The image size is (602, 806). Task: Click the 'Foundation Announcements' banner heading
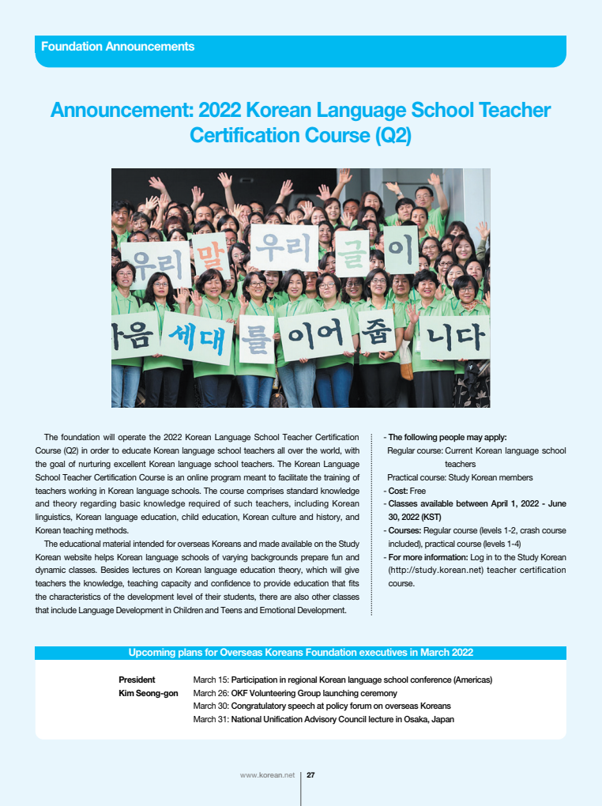(x=118, y=47)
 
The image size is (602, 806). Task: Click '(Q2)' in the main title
(x=391, y=136)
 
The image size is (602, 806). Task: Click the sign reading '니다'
(x=454, y=338)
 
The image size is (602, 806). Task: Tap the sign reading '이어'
(x=316, y=337)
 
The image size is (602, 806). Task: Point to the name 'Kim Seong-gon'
(x=149, y=693)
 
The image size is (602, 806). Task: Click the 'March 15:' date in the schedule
(x=211, y=680)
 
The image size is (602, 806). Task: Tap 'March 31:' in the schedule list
(x=211, y=720)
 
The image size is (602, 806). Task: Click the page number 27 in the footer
(x=311, y=775)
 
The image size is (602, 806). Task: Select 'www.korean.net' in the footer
(x=267, y=775)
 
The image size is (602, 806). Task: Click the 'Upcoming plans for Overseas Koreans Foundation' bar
(x=300, y=653)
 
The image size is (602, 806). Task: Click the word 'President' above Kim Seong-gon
(x=137, y=680)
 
